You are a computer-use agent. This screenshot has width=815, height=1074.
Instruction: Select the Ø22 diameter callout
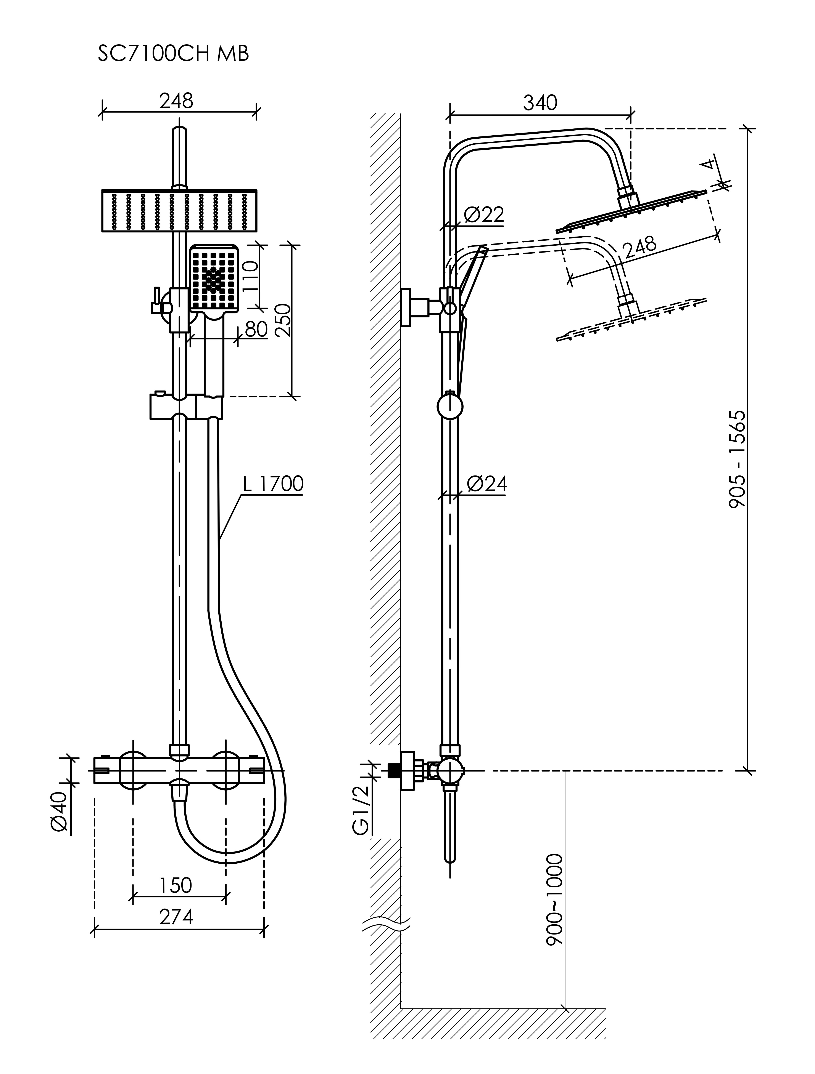[483, 214]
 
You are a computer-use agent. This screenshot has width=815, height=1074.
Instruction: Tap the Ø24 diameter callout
[486, 484]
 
